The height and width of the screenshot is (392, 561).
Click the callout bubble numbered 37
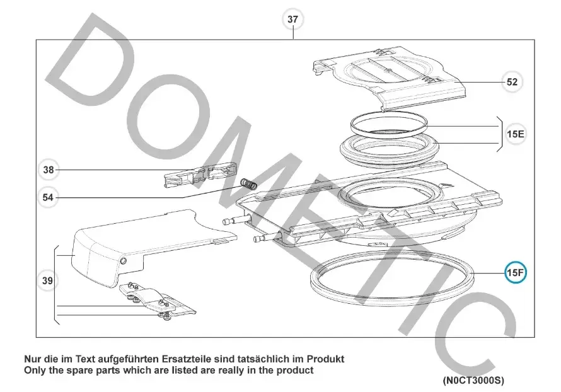click(x=292, y=20)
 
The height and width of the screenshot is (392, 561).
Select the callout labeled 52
click(x=512, y=82)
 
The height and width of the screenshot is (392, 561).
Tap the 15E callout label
click(x=515, y=134)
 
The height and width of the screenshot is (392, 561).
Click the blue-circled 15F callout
click(x=515, y=273)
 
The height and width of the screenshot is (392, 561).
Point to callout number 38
click(x=49, y=170)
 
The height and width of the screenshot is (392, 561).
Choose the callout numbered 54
click(x=48, y=197)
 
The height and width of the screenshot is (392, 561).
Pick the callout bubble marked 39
click(x=47, y=281)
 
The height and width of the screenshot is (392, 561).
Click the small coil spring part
click(x=248, y=183)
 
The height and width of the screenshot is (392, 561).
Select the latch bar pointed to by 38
click(x=201, y=175)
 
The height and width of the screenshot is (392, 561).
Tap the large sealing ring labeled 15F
click(x=392, y=279)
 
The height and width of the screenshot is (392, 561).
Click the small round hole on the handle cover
click(x=123, y=261)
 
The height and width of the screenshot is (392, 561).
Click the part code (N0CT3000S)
click(x=473, y=380)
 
